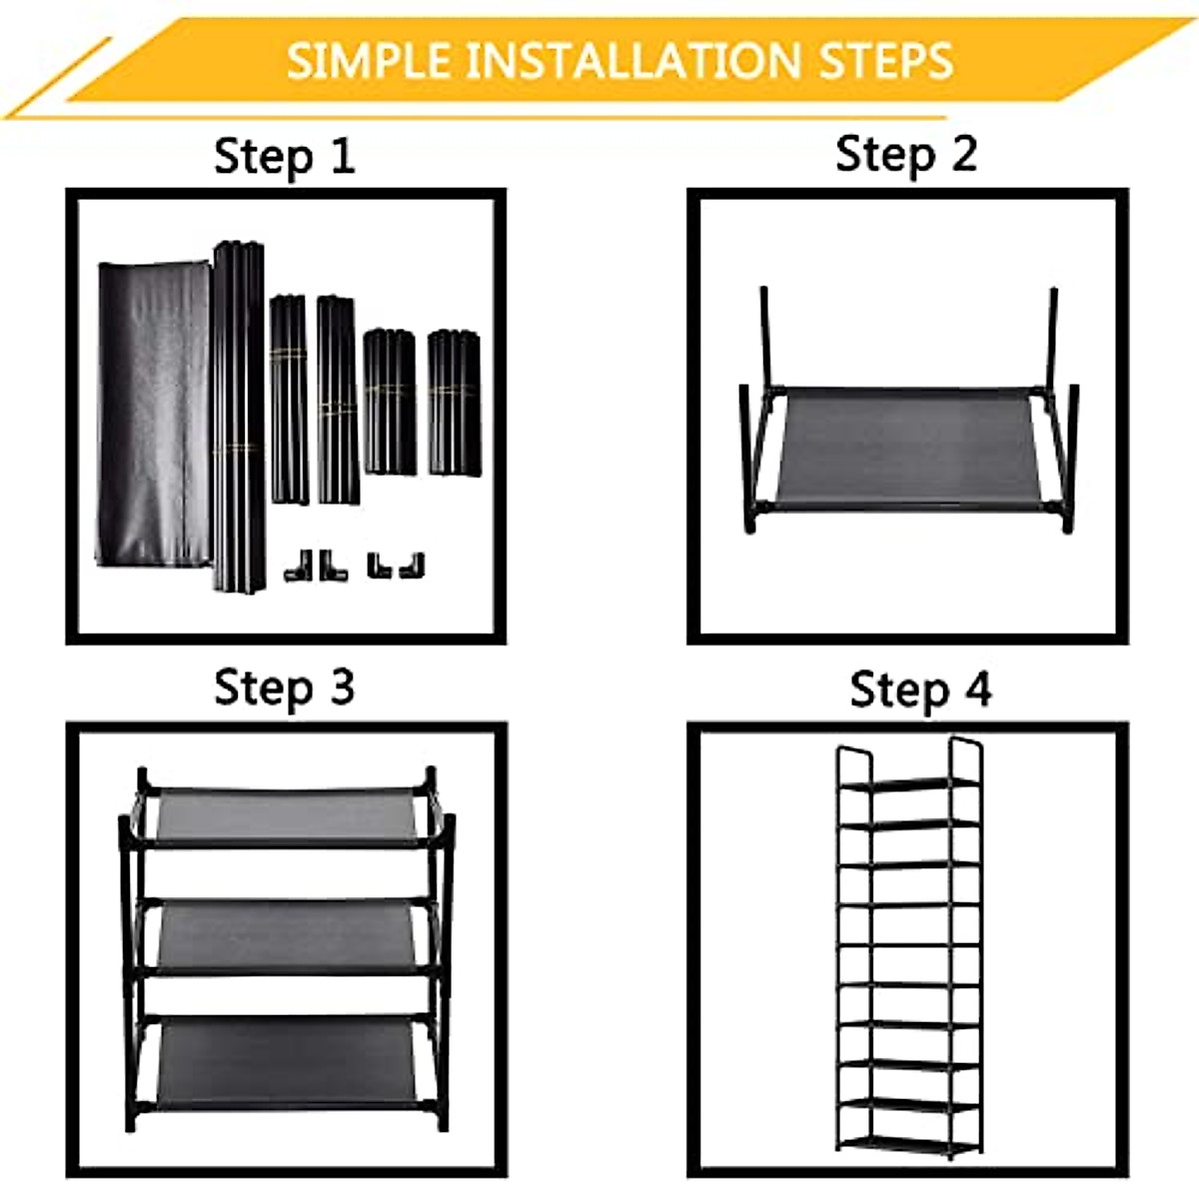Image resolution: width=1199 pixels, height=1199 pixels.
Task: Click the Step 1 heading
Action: pyautogui.click(x=284, y=157)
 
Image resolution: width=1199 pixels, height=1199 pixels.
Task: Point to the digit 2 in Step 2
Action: pyautogui.click(x=962, y=154)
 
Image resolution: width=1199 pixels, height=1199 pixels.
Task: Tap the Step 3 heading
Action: pyautogui.click(x=284, y=687)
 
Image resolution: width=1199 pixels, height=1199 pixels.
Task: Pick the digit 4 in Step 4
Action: pyautogui.click(x=974, y=689)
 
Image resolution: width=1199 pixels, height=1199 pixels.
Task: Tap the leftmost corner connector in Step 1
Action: pyautogui.click(x=296, y=567)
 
